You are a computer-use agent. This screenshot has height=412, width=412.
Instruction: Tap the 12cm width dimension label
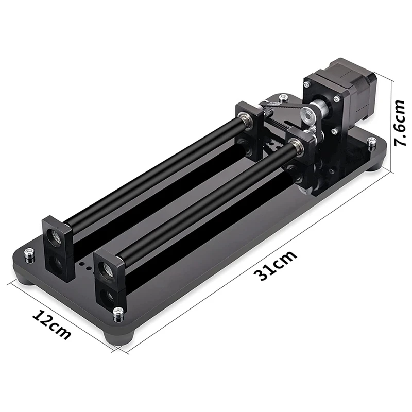pyautogui.click(x=51, y=325)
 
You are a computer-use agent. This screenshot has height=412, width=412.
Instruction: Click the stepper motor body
pyautogui.click(x=352, y=93)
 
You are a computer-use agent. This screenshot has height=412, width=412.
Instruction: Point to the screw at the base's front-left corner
pyautogui.click(x=29, y=255)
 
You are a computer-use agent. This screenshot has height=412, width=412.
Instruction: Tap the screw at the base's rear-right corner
pyautogui.click(x=371, y=143)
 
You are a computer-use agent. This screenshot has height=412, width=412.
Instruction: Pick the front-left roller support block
pyautogui.click(x=57, y=248)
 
